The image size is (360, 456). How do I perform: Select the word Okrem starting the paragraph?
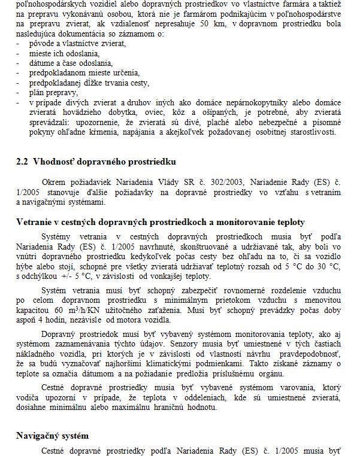(x=55, y=181)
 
